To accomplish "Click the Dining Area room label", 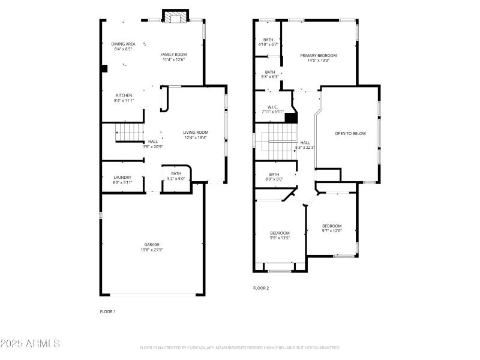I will pyautogui.click(x=123, y=44).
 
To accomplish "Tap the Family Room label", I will pyautogui.click(x=173, y=55).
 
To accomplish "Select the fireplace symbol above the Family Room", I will pyautogui.click(x=177, y=18).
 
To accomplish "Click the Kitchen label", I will pyautogui.click(x=124, y=95).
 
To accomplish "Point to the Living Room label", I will pyautogui.click(x=195, y=133).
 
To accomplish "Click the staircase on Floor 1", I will pyautogui.click(x=130, y=132).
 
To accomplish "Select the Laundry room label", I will pyautogui.click(x=122, y=177).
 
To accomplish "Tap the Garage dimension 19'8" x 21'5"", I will pyautogui.click(x=151, y=250).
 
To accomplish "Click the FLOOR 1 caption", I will pyautogui.click(x=107, y=311).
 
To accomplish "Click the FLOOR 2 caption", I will pyautogui.click(x=261, y=288).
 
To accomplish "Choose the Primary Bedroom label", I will pyautogui.click(x=318, y=55).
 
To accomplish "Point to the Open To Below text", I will pyautogui.click(x=350, y=133).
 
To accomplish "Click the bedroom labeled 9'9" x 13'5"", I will pyautogui.click(x=280, y=233).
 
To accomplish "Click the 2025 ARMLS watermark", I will pyautogui.click(x=30, y=344).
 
